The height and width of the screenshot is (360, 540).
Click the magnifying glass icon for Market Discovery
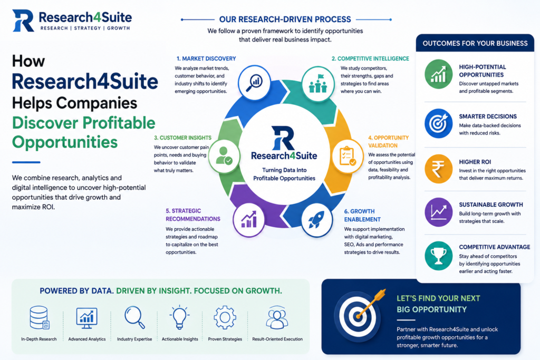254,83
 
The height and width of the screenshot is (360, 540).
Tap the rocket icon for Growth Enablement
316,220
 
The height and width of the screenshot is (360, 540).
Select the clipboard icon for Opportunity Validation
347,157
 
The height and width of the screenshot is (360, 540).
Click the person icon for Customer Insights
224,157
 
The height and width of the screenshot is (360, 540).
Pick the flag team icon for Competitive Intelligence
318,84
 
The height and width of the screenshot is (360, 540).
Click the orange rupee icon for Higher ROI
438,169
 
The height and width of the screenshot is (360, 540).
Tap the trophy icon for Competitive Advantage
438,256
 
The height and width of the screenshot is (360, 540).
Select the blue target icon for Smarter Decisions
438,123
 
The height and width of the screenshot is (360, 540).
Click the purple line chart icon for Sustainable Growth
438,212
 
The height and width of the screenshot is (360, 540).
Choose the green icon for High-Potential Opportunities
438,74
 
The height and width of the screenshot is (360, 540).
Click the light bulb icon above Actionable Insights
179,317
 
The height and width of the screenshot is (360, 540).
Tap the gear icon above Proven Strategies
225,318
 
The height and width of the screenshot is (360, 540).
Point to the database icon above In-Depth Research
39,317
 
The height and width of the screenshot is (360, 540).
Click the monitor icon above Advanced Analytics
86,318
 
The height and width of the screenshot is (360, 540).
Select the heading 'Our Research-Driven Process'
285,20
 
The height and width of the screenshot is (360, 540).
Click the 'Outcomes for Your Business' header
475,43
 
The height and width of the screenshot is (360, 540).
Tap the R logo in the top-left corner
23,21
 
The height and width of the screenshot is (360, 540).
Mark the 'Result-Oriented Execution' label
277,339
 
